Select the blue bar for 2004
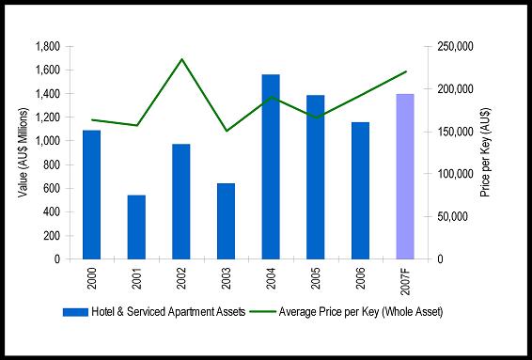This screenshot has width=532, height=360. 271,166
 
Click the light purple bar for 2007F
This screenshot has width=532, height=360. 405,177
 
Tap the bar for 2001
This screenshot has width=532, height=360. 136,227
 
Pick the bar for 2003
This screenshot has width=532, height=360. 226,221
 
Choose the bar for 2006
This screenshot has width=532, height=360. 360,191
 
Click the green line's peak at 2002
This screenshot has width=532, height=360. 181,59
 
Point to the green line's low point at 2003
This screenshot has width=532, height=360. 227,131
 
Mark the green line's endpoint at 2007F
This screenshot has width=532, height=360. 406,71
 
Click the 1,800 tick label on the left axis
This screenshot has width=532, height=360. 48,46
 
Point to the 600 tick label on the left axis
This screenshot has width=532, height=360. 52,188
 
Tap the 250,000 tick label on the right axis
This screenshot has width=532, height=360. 455,46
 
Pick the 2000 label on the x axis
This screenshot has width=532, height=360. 91,278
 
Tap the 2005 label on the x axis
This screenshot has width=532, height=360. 316,278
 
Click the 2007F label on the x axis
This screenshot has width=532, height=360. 405,280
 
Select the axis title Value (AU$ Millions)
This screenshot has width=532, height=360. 23,152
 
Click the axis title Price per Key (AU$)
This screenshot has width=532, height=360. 486,152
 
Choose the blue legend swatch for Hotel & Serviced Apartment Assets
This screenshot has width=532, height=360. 75,312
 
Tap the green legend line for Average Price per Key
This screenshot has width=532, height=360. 262,311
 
